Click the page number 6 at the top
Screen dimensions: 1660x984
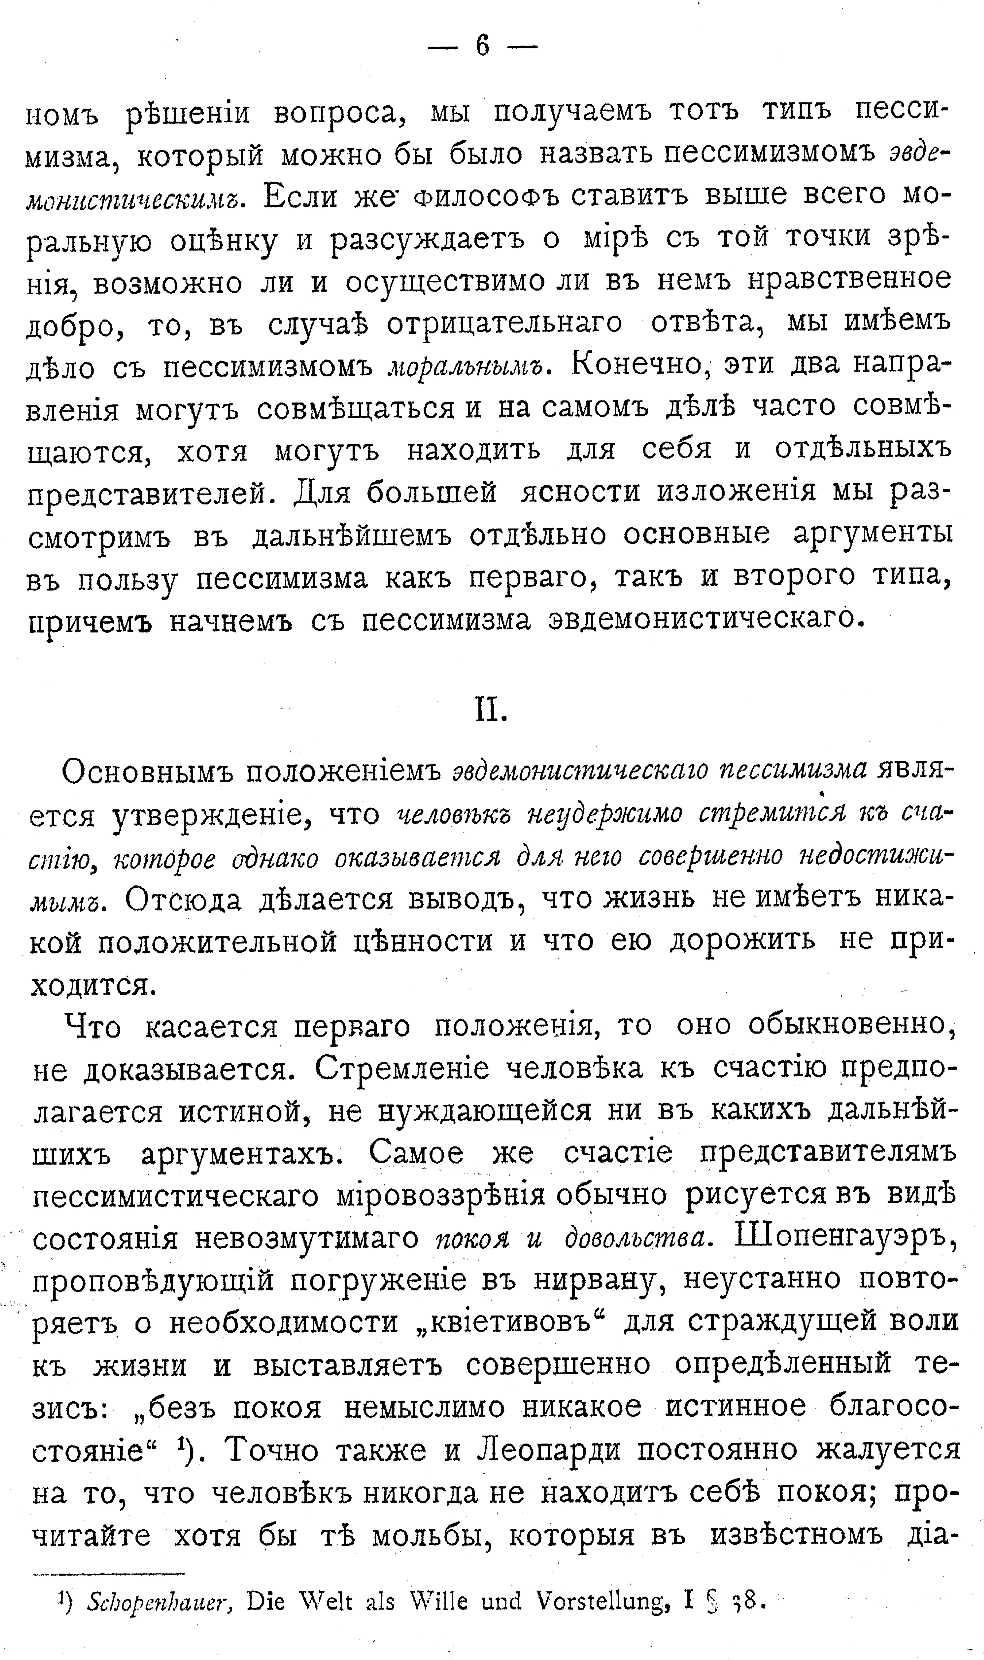(x=482, y=46)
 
